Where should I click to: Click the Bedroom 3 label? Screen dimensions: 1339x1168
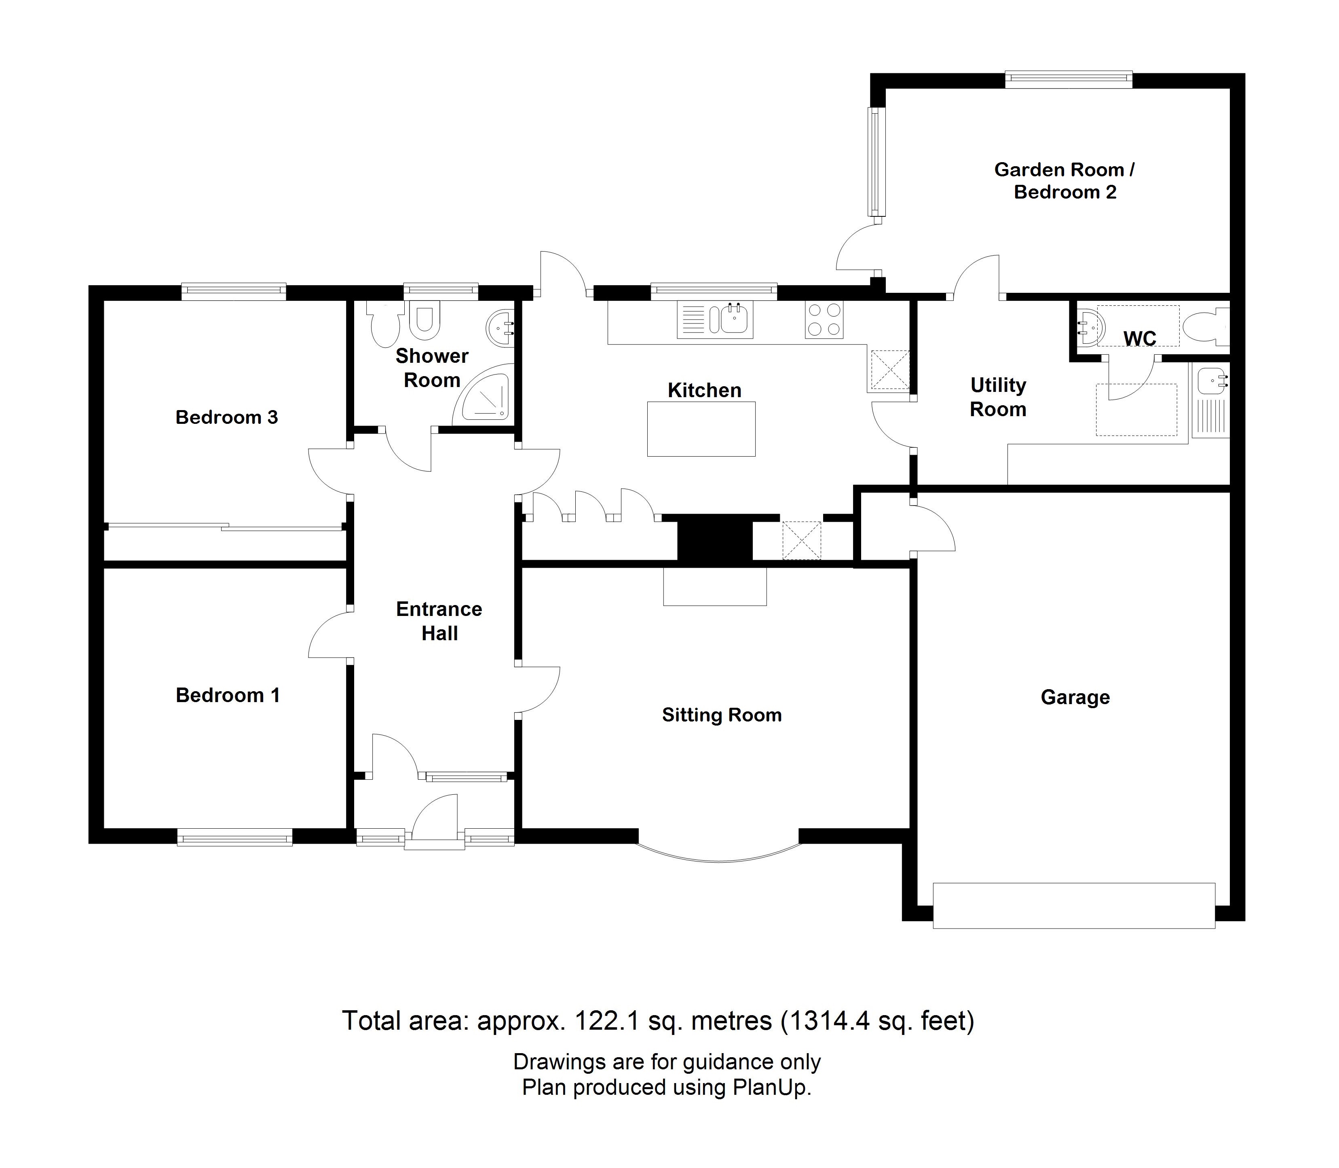(x=227, y=417)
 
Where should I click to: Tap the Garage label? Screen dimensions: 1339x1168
(x=1075, y=697)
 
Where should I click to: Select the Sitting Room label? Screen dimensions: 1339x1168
(x=721, y=715)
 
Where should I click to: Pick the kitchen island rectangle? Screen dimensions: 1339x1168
(x=701, y=428)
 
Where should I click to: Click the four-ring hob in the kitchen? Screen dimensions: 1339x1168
(x=824, y=320)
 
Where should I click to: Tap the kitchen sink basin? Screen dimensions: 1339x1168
(x=734, y=320)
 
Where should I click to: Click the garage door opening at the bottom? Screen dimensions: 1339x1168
(x=1074, y=906)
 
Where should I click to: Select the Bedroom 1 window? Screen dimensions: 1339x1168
(x=234, y=837)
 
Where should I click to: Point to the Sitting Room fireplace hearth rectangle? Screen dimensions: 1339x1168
(x=715, y=586)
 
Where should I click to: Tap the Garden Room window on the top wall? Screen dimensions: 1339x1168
(x=1069, y=80)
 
